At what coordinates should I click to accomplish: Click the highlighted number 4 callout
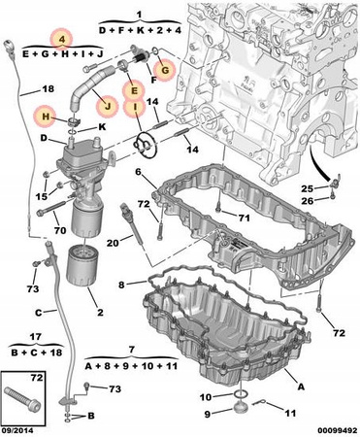click(x=62, y=40)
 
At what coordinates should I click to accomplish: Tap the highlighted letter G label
click(x=165, y=70)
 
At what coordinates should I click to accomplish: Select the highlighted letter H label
click(x=46, y=117)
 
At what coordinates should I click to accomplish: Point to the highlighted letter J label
click(x=108, y=106)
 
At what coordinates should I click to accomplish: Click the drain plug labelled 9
click(x=240, y=407)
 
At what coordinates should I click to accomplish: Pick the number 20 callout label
click(x=113, y=242)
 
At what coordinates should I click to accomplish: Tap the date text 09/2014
click(x=16, y=431)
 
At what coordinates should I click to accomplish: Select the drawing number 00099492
click(x=337, y=431)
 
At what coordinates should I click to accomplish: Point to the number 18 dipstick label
click(x=49, y=88)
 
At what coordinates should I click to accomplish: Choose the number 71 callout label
click(x=244, y=218)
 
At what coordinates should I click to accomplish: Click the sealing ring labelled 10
click(x=241, y=394)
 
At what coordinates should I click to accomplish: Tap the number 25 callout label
click(x=308, y=188)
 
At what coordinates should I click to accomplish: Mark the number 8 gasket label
click(x=121, y=285)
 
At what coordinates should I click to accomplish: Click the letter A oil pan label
click(x=301, y=386)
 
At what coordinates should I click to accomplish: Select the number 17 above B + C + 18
click(x=35, y=337)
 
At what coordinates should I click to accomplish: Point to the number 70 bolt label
click(x=60, y=230)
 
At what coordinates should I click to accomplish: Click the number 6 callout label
click(x=139, y=172)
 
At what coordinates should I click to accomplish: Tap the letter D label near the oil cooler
click(x=44, y=138)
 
